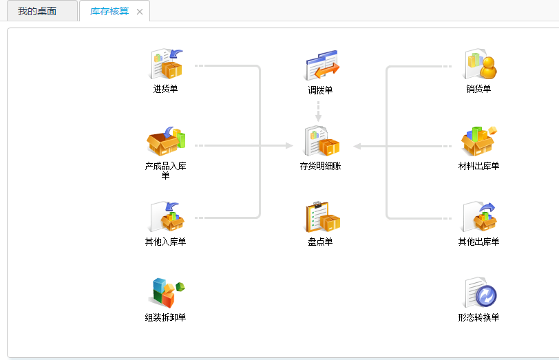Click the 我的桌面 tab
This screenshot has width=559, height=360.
(x=37, y=11)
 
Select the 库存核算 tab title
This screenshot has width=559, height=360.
(x=109, y=11)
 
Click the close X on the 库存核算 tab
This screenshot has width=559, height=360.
(x=140, y=12)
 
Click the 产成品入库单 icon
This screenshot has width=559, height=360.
(x=166, y=141)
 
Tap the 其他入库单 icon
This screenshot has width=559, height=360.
(x=166, y=217)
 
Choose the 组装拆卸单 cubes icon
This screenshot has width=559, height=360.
(x=166, y=293)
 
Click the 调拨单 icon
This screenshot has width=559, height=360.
(x=321, y=66)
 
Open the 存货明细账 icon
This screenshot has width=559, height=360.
(x=321, y=141)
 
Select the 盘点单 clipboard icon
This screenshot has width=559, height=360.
(x=321, y=217)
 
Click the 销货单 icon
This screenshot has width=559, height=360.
(x=479, y=65)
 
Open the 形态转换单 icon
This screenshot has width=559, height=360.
(x=479, y=293)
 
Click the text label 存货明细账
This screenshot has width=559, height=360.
(x=320, y=166)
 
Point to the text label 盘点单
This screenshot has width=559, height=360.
(x=320, y=242)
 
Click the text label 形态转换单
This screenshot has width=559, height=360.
(x=478, y=317)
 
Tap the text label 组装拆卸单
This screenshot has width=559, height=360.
(x=165, y=317)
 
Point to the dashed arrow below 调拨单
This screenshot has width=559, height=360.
(x=318, y=112)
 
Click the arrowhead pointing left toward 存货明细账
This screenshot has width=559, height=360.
(x=358, y=146)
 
